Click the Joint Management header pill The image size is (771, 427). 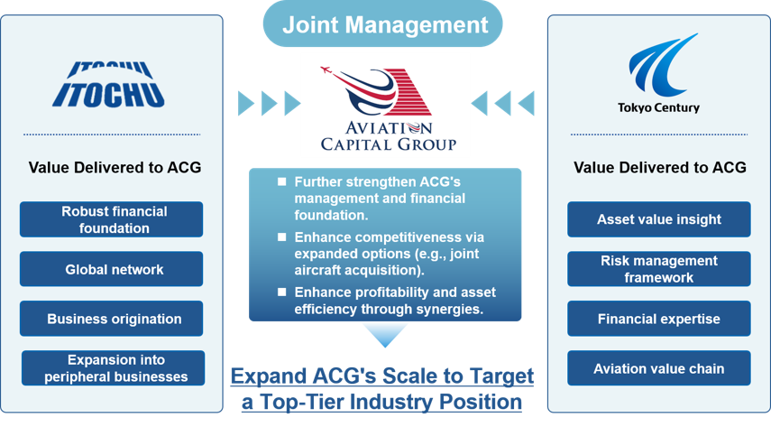[x=382, y=24]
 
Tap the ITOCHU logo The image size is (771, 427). [x=109, y=84]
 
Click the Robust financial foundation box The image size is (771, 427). [x=111, y=219]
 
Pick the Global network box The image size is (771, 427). [x=111, y=269]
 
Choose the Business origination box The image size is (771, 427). [x=111, y=319]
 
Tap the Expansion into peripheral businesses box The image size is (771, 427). [x=113, y=368]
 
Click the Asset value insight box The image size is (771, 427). [x=659, y=219]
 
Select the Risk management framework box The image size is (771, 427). [x=659, y=269]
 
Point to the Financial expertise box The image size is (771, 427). [x=659, y=319]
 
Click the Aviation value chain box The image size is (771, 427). [x=659, y=368]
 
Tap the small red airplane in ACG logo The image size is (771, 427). [x=326, y=70]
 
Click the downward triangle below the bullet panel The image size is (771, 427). [x=385, y=335]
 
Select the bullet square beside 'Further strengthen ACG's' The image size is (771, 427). [x=281, y=181]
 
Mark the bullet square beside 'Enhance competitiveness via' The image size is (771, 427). [x=281, y=237]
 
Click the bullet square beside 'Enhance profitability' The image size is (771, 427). [x=281, y=292]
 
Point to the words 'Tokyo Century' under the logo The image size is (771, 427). [x=659, y=107]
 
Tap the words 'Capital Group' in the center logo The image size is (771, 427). [x=389, y=144]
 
